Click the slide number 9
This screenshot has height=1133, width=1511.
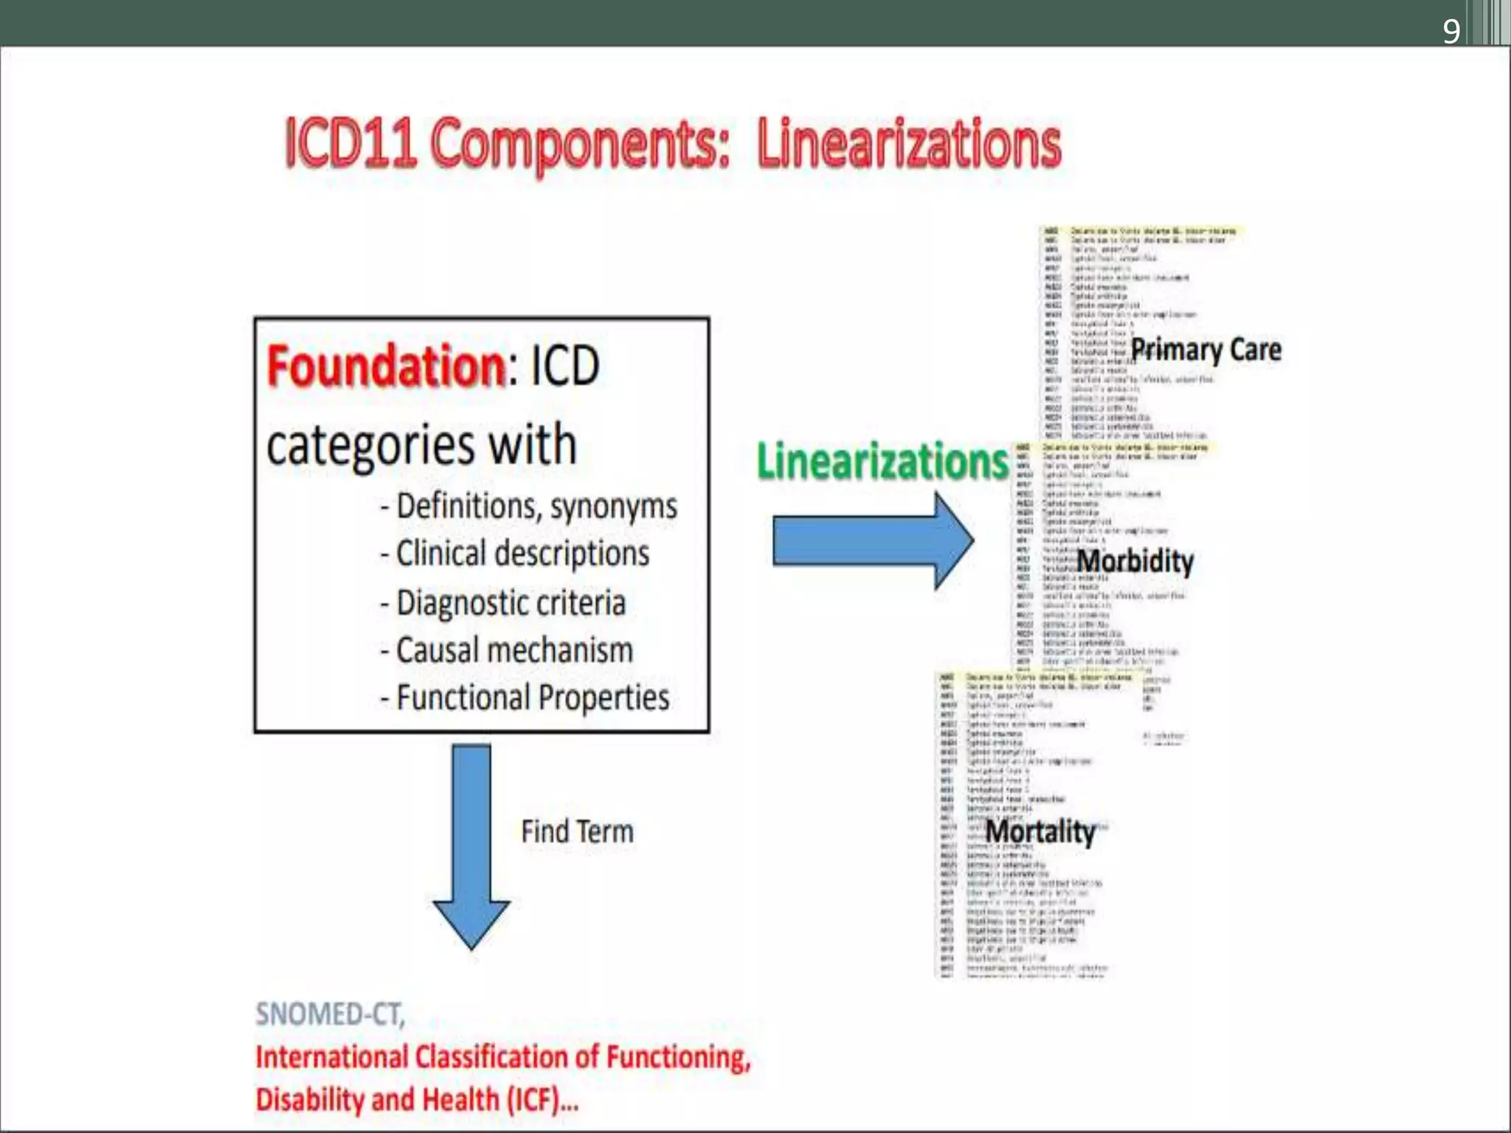[x=1451, y=31]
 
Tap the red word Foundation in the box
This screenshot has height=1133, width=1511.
[x=385, y=367]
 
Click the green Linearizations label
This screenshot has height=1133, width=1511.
[x=882, y=462]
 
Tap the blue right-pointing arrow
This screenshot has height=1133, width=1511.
[x=873, y=541]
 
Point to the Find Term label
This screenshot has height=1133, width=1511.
[x=577, y=832]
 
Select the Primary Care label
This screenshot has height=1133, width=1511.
[x=1206, y=350]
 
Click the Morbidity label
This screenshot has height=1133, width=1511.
[x=1135, y=561]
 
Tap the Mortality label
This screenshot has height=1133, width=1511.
[x=1040, y=832]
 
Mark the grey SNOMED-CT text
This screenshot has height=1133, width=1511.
[x=330, y=1014]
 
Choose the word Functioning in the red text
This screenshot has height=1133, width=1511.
[x=677, y=1057]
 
